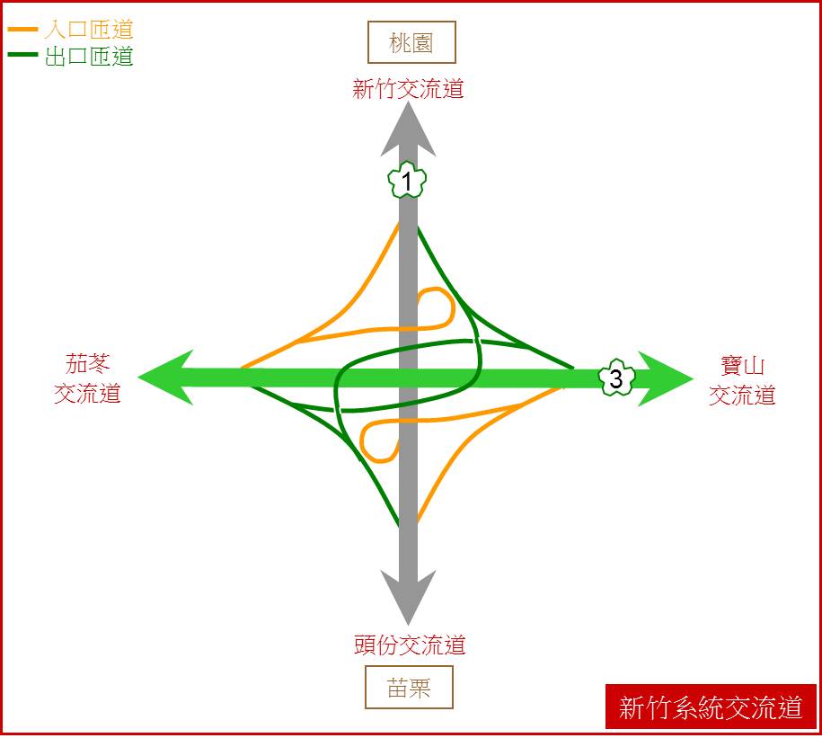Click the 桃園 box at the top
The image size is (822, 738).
[x=411, y=42]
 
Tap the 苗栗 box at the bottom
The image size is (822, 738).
[x=409, y=687]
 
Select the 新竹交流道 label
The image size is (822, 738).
[x=408, y=88]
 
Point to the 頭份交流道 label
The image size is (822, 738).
[x=410, y=645]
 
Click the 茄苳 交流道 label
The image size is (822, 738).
[x=87, y=378]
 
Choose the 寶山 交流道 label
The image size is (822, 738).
[x=742, y=380]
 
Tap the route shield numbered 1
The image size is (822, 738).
[x=407, y=180]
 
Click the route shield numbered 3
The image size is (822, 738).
[x=616, y=378]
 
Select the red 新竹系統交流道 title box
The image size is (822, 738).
[x=711, y=707]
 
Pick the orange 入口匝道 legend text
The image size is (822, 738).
[x=89, y=30]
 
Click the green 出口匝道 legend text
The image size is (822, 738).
[x=89, y=56]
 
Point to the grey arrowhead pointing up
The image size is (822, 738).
[x=408, y=129]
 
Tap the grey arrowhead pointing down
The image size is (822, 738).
[x=408, y=598]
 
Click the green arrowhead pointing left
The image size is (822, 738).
[x=165, y=378]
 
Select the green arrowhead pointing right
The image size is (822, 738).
[x=666, y=378]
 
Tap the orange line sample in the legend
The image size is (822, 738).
[x=22, y=30]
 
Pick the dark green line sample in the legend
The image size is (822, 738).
[x=22, y=54]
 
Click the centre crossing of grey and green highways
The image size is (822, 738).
[x=408, y=378]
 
